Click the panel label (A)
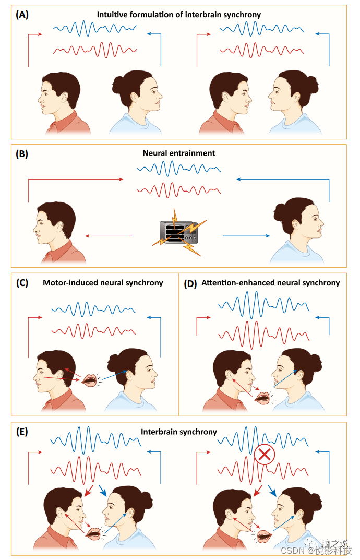click(x=22, y=15)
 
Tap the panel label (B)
click(x=22, y=153)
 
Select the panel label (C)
click(x=22, y=283)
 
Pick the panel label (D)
click(x=191, y=283)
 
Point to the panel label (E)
click(x=22, y=432)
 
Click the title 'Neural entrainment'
click(x=179, y=153)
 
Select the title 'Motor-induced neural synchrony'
click(x=103, y=283)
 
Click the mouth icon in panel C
click(x=89, y=380)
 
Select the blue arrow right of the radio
click(x=246, y=236)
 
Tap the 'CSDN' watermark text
click(x=293, y=550)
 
